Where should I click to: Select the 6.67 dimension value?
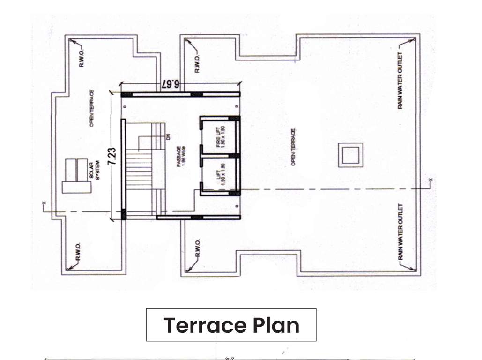coord(170,84)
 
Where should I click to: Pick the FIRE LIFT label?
coord(221,136)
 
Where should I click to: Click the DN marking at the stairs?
coord(168,136)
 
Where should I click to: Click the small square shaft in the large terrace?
coord(350,155)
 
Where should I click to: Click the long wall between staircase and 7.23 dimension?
coord(124,169)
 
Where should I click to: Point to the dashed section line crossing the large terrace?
coord(328,188)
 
